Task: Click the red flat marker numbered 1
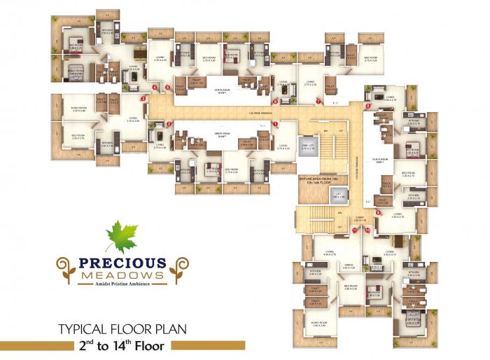point(276,124)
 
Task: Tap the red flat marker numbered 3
point(143,99)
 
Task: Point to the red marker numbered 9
point(378,212)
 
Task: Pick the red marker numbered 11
point(355,229)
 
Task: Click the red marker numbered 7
point(318,102)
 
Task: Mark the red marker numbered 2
point(169,124)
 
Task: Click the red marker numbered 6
point(276,102)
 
